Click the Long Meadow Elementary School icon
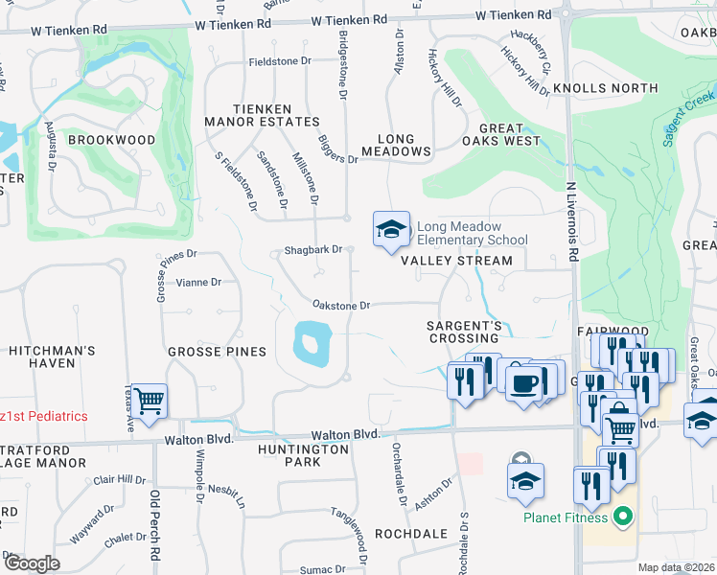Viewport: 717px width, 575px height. click(391, 230)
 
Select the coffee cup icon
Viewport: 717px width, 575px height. click(523, 381)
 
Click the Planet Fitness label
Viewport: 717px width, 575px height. click(566, 518)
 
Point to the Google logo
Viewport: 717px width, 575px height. click(31, 563)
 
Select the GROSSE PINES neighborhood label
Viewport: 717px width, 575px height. click(217, 352)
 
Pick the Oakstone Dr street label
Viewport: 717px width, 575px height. click(341, 306)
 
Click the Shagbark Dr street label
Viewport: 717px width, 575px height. click(312, 250)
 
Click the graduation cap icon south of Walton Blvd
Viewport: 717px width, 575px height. click(525, 482)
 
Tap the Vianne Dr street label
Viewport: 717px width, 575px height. click(199, 283)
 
